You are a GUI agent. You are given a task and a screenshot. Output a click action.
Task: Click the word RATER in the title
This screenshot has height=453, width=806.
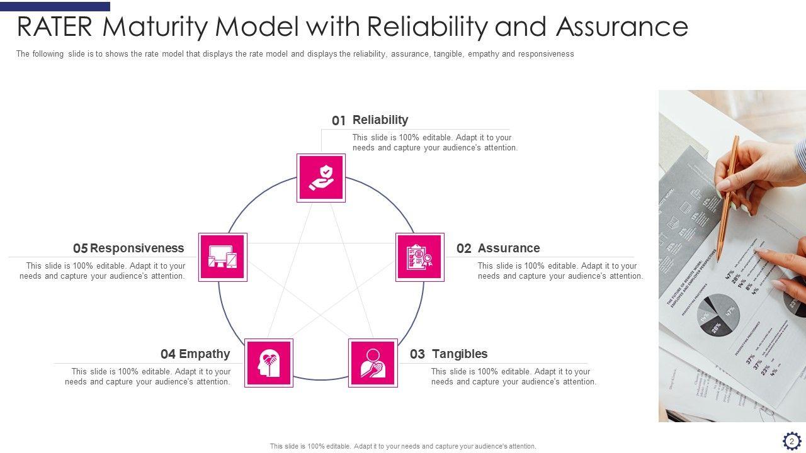[55, 27]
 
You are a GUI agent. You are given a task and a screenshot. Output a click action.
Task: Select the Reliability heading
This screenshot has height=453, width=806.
[380, 120]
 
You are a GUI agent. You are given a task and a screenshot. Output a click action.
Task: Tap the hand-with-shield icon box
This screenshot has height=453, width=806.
[321, 178]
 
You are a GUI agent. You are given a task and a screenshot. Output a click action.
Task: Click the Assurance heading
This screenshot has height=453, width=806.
[509, 248]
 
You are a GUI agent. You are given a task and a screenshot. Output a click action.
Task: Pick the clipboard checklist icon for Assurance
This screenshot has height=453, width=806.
[420, 257]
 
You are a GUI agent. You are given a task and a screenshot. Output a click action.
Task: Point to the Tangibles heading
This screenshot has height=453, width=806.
[460, 354]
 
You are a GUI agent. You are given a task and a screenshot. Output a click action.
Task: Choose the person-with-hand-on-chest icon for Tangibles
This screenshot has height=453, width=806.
[373, 363]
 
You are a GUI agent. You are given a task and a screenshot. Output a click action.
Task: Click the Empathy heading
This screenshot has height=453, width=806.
[205, 354]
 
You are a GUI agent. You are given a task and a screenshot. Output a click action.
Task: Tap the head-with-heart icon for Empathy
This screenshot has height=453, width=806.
[269, 363]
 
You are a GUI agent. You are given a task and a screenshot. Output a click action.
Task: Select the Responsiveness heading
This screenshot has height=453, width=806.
[137, 248]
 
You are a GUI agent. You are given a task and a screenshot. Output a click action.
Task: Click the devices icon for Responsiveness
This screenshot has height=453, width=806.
[223, 257]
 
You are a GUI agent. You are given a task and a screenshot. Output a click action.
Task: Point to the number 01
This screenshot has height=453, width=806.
[339, 121]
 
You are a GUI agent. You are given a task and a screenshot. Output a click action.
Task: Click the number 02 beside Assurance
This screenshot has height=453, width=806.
[464, 249]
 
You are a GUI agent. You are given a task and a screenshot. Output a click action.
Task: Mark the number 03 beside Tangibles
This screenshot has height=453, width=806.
[417, 354]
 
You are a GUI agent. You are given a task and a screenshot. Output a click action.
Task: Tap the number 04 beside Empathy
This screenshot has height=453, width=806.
[168, 354]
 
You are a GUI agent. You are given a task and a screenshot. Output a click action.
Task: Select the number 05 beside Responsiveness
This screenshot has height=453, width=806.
[80, 249]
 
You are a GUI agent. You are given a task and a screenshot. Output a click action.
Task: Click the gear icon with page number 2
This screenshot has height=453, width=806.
[792, 440]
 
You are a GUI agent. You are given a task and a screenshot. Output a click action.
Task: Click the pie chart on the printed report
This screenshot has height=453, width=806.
[718, 315]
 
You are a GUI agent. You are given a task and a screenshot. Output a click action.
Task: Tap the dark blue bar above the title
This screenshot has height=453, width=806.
[55, 6]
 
